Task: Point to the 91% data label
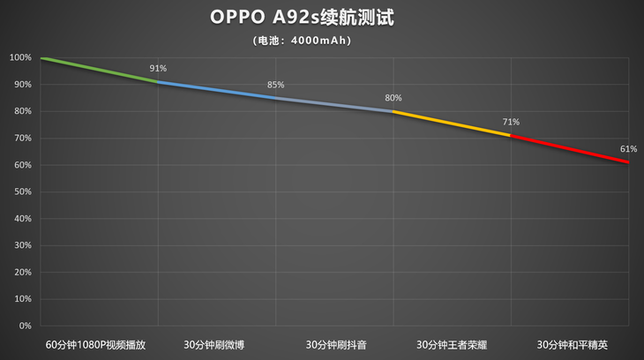[x=158, y=68]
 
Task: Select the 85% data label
[x=276, y=85]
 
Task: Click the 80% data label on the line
[x=393, y=98]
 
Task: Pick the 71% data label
[x=511, y=122]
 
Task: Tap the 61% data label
[x=628, y=149]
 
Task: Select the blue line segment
[x=217, y=90]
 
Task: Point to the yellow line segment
[x=452, y=123]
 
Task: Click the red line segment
[x=570, y=149]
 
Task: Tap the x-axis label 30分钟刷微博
[x=217, y=344]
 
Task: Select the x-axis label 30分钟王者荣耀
[x=452, y=344]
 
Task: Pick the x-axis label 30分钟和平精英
[x=570, y=344]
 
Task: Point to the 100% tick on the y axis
[x=20, y=58]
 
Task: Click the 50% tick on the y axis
[x=22, y=191]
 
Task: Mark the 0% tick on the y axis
[x=25, y=326]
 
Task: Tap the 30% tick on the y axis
[x=22, y=245]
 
